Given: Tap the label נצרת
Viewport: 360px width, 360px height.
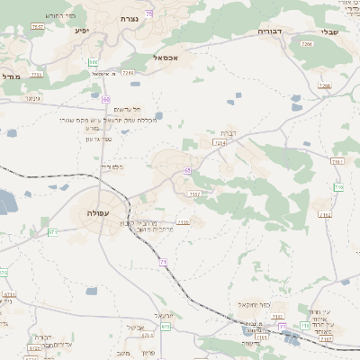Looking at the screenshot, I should (x=130, y=18).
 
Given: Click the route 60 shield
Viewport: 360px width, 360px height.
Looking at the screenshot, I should (x=106, y=99).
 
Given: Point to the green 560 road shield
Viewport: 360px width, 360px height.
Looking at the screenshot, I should (x=94, y=61).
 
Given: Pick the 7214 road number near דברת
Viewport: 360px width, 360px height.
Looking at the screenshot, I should (x=220, y=142).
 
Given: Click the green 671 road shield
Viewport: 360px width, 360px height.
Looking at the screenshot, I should (x=52, y=232).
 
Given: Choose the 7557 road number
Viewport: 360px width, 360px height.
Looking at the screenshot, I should (x=37, y=27).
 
